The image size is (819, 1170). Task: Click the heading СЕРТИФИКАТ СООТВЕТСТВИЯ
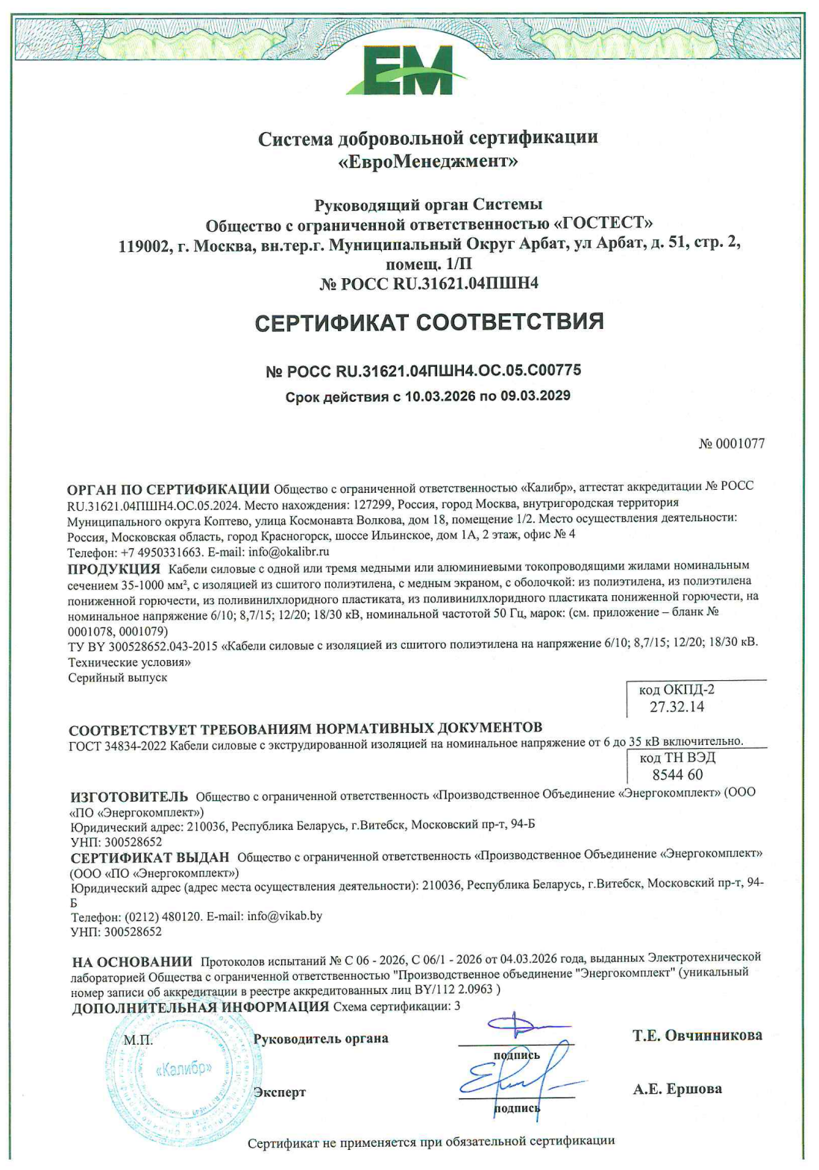pos(429,322)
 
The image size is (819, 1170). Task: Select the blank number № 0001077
pos(731,444)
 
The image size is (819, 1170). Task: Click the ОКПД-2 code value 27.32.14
pos(677,706)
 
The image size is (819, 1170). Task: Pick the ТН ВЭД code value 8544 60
pos(677,774)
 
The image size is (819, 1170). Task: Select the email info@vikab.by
pos(284,916)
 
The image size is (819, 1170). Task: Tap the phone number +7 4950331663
pos(156,552)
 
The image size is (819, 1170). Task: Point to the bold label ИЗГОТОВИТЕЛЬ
pos(129,796)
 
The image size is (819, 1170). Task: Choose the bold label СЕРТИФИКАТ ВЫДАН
pos(150,858)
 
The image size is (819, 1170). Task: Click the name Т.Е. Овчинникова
pos(697,1035)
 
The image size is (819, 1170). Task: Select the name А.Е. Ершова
pos(677,1089)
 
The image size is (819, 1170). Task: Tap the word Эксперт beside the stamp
pos(280,1092)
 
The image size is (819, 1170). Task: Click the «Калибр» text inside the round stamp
pos(183,1069)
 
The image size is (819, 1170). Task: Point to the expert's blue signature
pos(515,1078)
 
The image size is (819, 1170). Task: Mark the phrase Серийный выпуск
pos(117,678)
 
